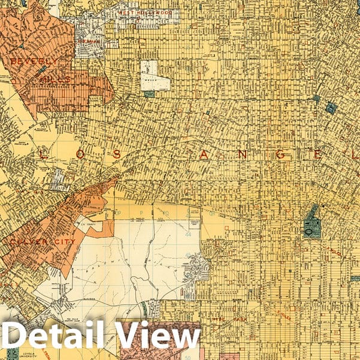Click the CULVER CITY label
click(43, 241)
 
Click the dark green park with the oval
click(311, 222)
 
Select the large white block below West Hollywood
click(151, 74)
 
